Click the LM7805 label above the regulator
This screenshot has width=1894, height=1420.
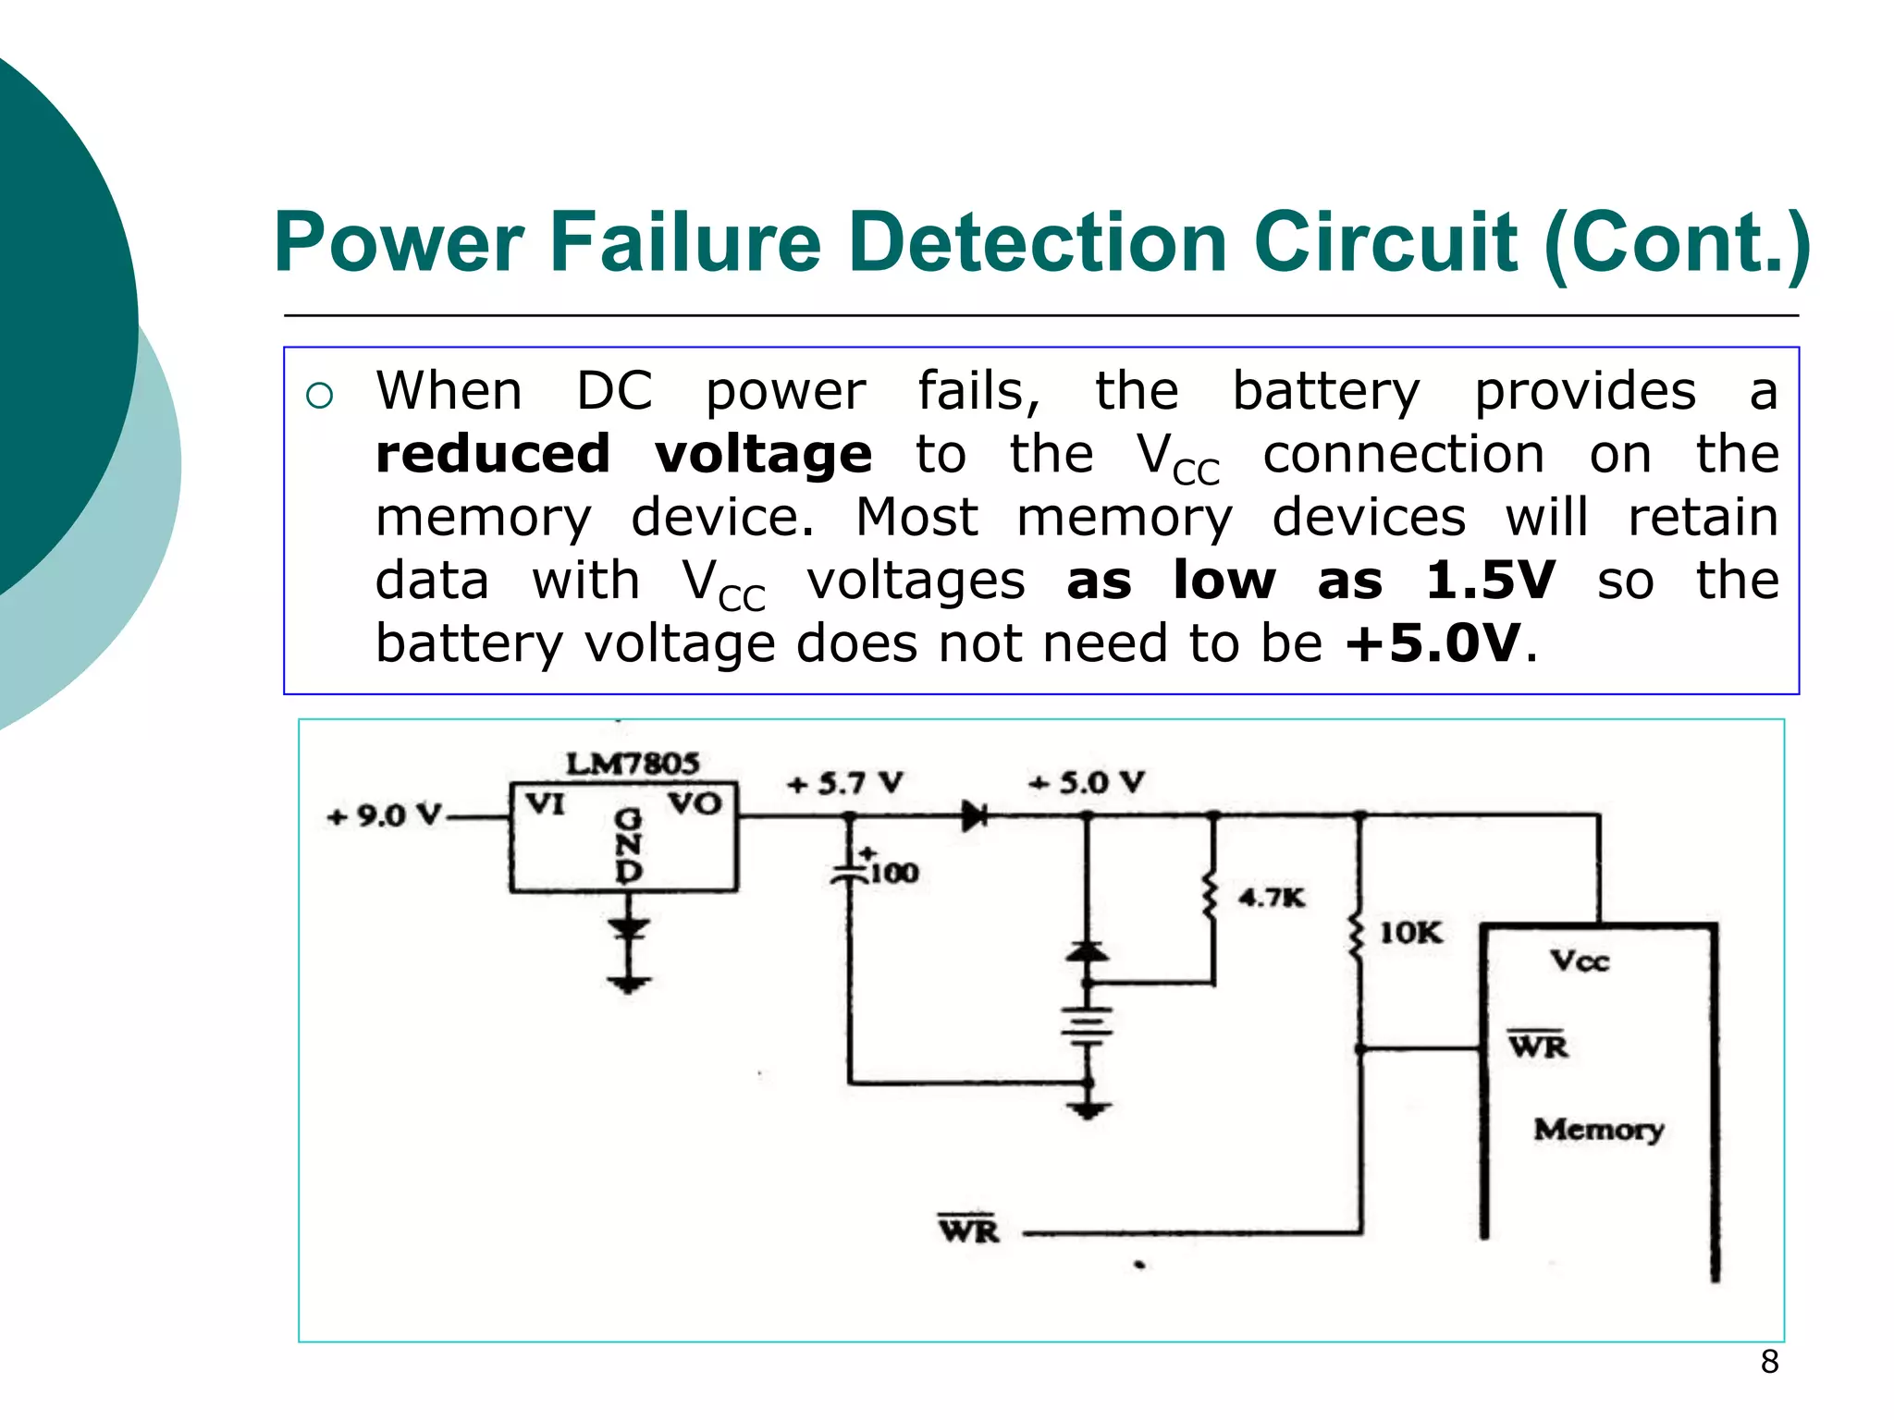pos(633,764)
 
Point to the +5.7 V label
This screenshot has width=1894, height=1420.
pos(844,784)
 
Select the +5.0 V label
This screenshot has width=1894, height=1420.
pos(1087,783)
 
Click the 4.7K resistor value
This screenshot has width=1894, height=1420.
pos(1272,897)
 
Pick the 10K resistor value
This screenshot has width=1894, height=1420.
pos(1410,933)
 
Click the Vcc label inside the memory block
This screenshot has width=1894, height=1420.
pos(1580,961)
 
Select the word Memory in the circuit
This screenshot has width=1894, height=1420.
pos(1598,1130)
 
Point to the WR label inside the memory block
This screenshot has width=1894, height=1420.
pos(1538,1046)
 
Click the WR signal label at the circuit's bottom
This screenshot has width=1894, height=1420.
pos(968,1230)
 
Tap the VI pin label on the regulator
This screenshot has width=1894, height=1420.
pos(546,804)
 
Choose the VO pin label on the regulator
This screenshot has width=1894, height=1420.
pos(695,803)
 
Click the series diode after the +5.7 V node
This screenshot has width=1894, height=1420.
pos(974,816)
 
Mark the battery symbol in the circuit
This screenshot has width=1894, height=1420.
pos(1088,1024)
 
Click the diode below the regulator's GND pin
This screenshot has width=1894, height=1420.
pos(629,928)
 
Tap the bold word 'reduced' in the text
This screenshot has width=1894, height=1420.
pos(493,454)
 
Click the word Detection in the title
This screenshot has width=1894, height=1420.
pos(1038,242)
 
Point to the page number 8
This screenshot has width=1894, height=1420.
pos(1769,1362)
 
